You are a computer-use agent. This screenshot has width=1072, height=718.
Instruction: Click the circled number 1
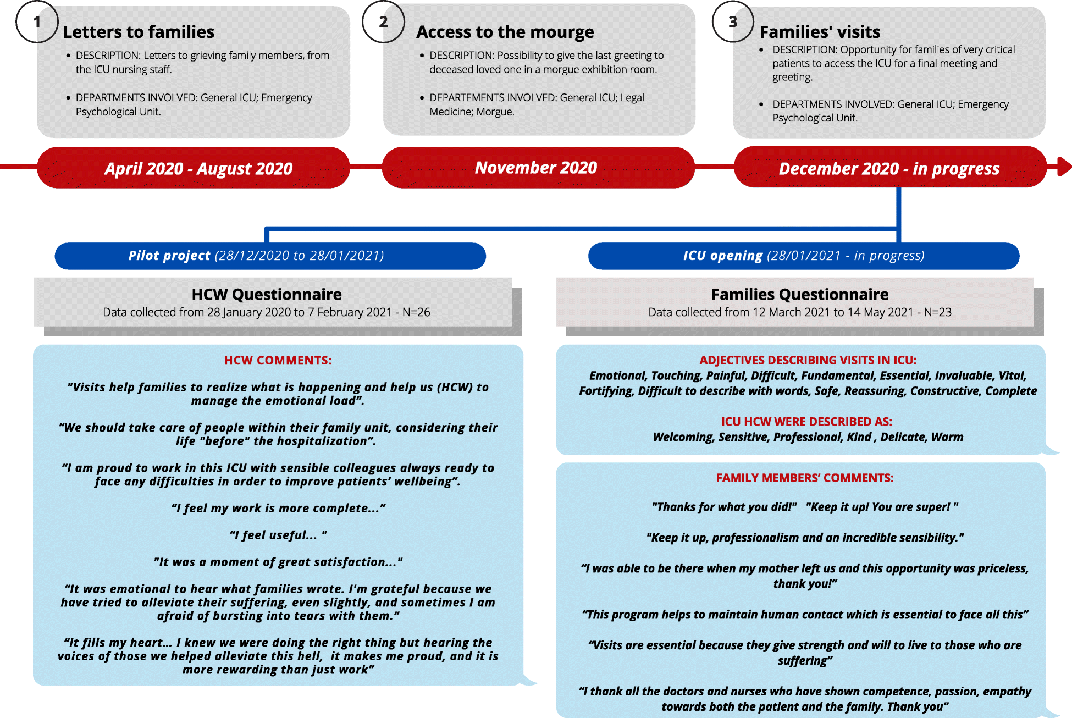pyautogui.click(x=37, y=22)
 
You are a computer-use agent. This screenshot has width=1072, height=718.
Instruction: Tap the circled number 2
pyautogui.click(x=383, y=22)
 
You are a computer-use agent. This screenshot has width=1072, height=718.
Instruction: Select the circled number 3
pyautogui.click(x=733, y=22)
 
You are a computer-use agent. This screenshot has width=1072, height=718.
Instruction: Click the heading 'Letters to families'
pyautogui.click(x=139, y=32)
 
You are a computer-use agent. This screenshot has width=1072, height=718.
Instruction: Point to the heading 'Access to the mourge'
pyautogui.click(x=505, y=32)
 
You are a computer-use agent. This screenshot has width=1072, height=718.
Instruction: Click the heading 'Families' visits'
pyautogui.click(x=820, y=32)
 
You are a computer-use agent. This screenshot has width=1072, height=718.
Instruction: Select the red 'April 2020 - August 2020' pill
pyautogui.click(x=194, y=168)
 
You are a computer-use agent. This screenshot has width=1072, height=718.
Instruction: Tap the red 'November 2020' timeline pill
pyautogui.click(x=538, y=167)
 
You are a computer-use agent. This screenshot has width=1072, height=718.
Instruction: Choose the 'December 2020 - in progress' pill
pyautogui.click(x=889, y=168)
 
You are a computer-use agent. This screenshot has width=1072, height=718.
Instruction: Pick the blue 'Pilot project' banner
pyautogui.click(x=270, y=256)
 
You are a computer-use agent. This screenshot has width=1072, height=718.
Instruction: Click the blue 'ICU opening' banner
pyautogui.click(x=803, y=256)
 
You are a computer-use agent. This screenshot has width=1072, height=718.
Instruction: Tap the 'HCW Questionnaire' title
pyautogui.click(x=267, y=295)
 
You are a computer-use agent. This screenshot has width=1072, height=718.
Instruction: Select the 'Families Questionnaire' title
pyautogui.click(x=799, y=295)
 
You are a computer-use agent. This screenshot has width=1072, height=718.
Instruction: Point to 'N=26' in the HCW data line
pyautogui.click(x=416, y=312)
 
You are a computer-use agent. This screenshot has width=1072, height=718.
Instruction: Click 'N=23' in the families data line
pyautogui.click(x=937, y=312)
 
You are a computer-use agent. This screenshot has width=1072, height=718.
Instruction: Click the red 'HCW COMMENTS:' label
pyautogui.click(x=278, y=361)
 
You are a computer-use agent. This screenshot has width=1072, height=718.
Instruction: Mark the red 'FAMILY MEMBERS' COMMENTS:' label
pyautogui.click(x=804, y=478)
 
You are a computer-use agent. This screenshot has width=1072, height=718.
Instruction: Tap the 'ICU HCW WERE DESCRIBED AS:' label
pyautogui.click(x=806, y=422)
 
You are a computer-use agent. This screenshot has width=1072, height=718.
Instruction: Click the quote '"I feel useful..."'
pyautogui.click(x=278, y=535)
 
